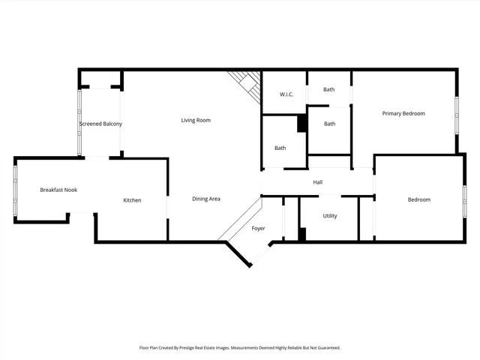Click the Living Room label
[196, 120]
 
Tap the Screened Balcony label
[100, 124]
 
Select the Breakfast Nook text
[58, 190]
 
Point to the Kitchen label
[132, 200]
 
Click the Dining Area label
[205, 199]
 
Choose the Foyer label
[258, 228]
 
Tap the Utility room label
[330, 216]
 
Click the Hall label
[317, 182]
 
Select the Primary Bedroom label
[403, 113]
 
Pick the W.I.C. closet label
[286, 94]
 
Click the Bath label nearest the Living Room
[280, 148]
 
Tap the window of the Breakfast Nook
[15, 190]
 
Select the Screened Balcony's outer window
[79, 122]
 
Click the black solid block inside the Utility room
[302, 234]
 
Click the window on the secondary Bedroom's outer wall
[464, 198]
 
